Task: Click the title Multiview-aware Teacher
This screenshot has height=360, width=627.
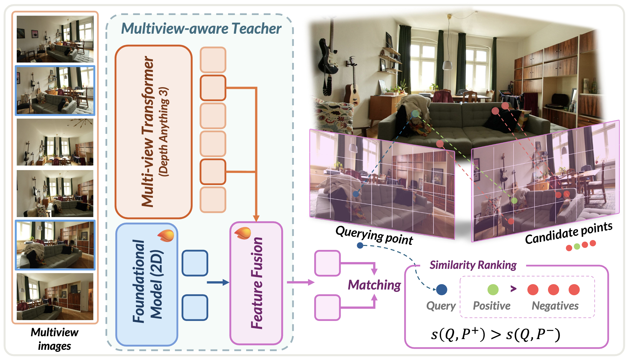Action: [x=201, y=29]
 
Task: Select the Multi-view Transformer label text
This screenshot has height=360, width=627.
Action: [x=148, y=131]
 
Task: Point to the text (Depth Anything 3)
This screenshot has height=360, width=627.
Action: [x=164, y=132]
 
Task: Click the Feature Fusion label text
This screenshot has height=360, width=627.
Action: [x=257, y=283]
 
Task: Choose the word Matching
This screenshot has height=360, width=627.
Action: [x=374, y=285]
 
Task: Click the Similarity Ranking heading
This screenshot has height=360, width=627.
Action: [x=473, y=265]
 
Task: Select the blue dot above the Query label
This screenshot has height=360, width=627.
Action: [x=442, y=290]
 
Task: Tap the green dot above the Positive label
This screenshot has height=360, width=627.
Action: [x=493, y=290]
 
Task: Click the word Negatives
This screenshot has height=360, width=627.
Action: [x=555, y=306]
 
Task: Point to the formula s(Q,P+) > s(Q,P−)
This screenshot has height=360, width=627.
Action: [x=495, y=335]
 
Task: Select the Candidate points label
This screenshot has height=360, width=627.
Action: [x=569, y=233]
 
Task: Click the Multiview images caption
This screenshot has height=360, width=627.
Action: [x=55, y=339]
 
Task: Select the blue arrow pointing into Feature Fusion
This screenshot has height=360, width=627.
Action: [x=218, y=282]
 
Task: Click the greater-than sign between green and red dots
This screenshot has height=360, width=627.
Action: [x=513, y=289]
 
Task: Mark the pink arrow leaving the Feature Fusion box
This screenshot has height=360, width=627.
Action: [x=301, y=282]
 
